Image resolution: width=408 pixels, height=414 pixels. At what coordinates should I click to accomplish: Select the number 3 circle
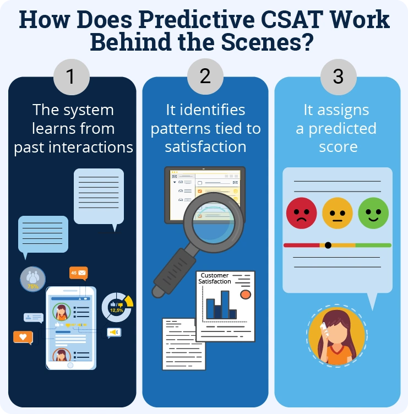pos(338,77)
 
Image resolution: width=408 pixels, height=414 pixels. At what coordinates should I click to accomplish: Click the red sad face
pos(302,213)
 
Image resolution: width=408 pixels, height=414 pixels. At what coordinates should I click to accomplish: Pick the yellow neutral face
pos(337,213)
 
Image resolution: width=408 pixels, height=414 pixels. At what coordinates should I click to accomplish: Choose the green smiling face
pos(373,213)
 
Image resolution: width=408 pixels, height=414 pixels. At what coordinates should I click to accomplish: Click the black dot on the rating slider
pos(328,245)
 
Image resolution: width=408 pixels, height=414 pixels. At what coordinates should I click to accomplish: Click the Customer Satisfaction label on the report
pos(216,278)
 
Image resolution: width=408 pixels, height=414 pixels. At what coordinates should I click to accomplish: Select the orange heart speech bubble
pos(23,336)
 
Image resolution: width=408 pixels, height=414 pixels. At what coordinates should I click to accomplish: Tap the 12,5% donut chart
pos(117,307)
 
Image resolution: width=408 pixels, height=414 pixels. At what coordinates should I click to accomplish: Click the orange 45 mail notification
pos(78,273)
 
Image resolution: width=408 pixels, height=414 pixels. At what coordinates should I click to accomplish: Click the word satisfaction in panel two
pos(205,147)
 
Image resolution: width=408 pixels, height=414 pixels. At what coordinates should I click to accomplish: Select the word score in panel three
pos(338,147)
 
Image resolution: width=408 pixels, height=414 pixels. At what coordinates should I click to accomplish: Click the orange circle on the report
pos(246,295)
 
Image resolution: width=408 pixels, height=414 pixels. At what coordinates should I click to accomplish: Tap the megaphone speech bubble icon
pos(114,333)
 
